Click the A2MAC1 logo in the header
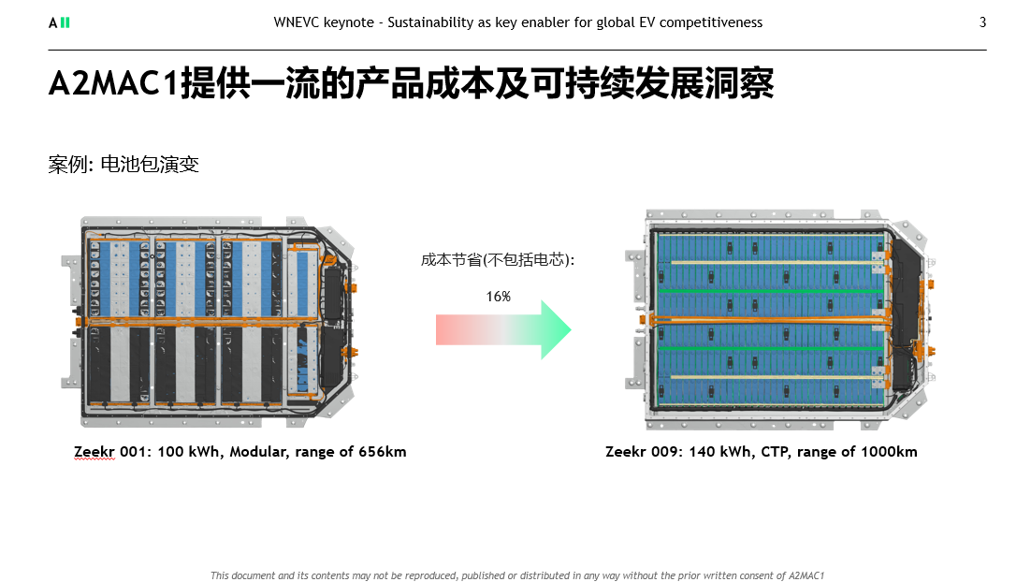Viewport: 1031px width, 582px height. tap(59, 22)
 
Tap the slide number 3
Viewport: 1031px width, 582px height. tap(982, 22)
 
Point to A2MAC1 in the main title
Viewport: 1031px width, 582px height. tap(113, 84)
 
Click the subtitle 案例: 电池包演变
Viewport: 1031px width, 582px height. tap(123, 165)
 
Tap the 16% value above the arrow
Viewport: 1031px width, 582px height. tap(498, 297)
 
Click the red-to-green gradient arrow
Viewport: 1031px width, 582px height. tap(503, 329)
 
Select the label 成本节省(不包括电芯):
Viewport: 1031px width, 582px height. tap(497, 260)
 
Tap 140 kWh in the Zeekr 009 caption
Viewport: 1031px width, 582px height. tap(720, 452)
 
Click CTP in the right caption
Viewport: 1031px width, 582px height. tap(774, 452)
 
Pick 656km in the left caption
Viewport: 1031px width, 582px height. tap(382, 452)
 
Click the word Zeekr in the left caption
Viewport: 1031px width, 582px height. tap(94, 452)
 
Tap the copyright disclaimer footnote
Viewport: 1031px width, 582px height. tap(516, 575)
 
